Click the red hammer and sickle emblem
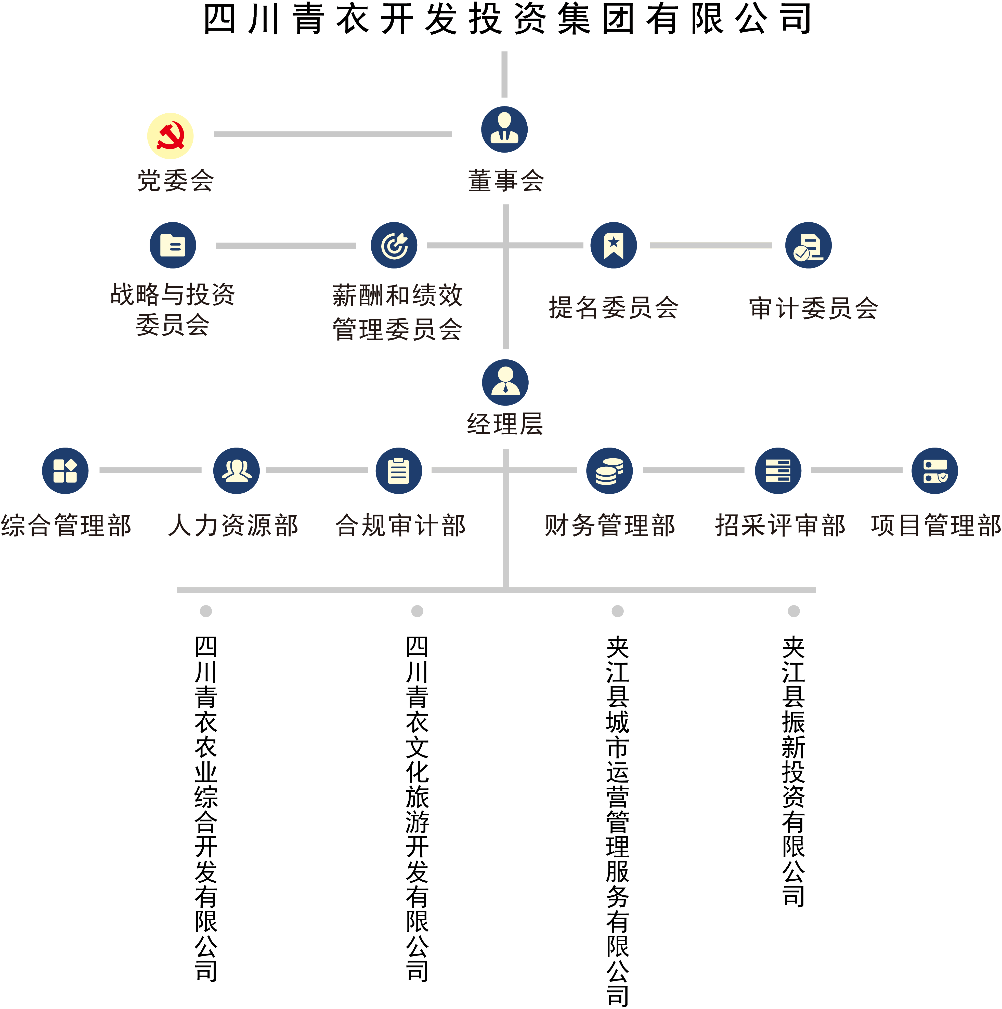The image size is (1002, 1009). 170,136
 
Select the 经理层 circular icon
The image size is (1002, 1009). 505,382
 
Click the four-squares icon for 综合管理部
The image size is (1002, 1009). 65,470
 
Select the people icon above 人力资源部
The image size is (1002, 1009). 236,470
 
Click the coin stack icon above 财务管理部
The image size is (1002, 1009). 609,470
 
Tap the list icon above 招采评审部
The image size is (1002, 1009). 778,470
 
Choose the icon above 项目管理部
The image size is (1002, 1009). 934,470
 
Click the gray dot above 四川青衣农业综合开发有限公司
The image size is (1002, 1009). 206,611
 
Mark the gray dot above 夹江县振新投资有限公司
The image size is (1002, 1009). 793,611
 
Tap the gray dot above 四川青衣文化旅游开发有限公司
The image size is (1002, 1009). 417,611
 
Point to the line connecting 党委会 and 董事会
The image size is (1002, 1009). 333,134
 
